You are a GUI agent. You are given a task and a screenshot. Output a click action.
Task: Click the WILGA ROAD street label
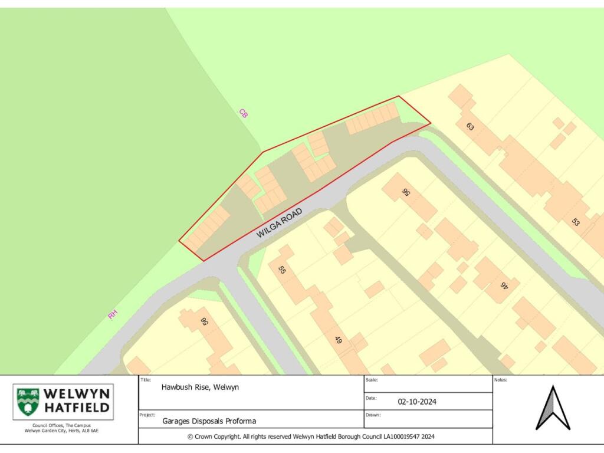[280, 223]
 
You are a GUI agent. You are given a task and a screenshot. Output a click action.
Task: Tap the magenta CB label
[243, 113]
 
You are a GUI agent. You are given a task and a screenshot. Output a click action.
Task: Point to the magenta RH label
[113, 315]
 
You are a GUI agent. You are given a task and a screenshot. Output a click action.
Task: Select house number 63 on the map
[470, 126]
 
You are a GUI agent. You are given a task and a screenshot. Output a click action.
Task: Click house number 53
[575, 222]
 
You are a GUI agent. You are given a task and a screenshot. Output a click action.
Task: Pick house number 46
[504, 285]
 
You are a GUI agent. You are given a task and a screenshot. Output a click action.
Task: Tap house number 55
[282, 270]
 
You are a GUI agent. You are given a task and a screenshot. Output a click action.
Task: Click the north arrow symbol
[553, 408]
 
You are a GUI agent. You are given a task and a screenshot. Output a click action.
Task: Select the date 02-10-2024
[417, 402]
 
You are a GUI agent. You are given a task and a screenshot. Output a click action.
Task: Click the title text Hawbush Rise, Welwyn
[200, 388]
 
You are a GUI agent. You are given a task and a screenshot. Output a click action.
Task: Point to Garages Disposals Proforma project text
[209, 421]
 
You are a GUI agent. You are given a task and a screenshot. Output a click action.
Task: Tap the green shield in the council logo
[28, 402]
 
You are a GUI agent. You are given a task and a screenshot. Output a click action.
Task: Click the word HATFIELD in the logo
[77, 408]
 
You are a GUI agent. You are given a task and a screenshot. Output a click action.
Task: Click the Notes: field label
[501, 380]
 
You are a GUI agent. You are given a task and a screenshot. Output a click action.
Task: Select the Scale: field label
[372, 380]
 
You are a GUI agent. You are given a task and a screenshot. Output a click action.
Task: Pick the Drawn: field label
[373, 415]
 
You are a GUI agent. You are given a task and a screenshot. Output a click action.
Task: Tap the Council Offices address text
[61, 428]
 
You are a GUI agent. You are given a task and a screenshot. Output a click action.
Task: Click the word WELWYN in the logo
[76, 393]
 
